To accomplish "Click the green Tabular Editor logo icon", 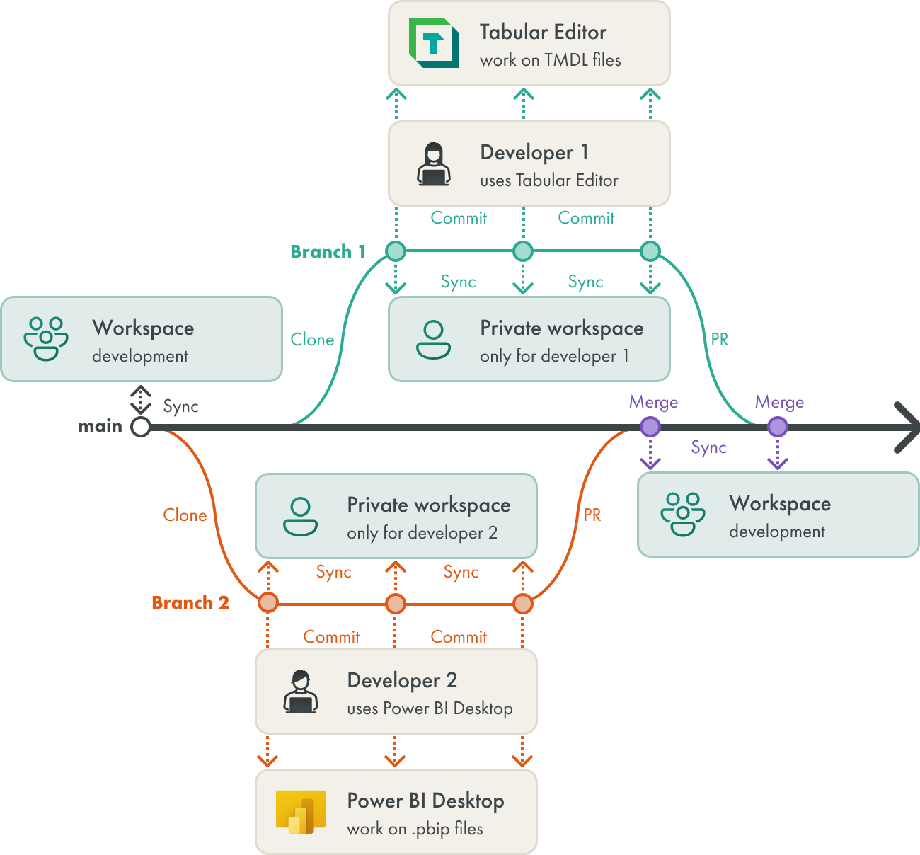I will [x=434, y=44].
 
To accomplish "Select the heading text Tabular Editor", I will [x=543, y=32].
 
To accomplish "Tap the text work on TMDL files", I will [x=550, y=60].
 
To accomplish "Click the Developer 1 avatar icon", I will [x=433, y=164].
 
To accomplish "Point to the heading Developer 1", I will [x=534, y=152].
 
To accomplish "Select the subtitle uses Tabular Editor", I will [x=548, y=180].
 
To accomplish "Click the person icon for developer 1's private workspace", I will [x=433, y=340].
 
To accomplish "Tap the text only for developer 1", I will [x=554, y=356].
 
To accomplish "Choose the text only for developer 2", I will [x=422, y=533].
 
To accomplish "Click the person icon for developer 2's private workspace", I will [x=300, y=517].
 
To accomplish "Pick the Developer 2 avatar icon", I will [x=300, y=692].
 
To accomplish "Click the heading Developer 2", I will [x=402, y=680].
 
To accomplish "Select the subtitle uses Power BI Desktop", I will [x=430, y=708].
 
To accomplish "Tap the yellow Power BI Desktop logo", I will [x=300, y=812].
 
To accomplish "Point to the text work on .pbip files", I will [x=415, y=829].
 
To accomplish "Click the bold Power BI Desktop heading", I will [x=425, y=801].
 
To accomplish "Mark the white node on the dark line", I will [x=141, y=427].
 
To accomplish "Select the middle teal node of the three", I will [x=523, y=251].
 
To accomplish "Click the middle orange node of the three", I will [x=396, y=604].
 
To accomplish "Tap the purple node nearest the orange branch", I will [x=650, y=427].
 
